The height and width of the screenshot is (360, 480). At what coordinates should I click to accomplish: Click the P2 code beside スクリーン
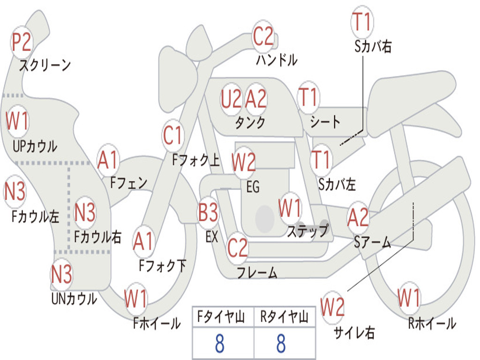[22, 42]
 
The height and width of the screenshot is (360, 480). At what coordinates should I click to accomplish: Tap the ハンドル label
[277, 60]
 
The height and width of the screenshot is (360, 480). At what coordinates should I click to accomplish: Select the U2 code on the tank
[232, 99]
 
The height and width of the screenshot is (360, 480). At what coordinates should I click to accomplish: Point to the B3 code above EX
[208, 212]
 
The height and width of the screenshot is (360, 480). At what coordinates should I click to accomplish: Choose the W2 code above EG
[244, 162]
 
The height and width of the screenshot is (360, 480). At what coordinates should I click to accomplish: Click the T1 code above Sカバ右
[362, 22]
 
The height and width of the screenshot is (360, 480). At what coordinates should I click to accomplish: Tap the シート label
[325, 122]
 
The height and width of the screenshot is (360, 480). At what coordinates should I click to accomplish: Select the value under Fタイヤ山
[220, 343]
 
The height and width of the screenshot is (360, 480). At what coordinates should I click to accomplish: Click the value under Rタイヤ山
[281, 343]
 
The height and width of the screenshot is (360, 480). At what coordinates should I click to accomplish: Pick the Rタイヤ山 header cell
[285, 317]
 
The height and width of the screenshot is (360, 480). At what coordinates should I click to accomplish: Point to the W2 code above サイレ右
[332, 307]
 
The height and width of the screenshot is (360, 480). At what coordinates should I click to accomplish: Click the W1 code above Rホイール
[409, 298]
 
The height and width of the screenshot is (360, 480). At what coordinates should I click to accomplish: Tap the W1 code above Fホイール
[136, 299]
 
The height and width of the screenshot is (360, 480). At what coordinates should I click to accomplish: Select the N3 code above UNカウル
[61, 274]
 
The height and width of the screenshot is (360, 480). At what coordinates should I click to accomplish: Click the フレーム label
[257, 272]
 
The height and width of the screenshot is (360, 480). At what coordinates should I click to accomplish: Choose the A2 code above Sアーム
[358, 217]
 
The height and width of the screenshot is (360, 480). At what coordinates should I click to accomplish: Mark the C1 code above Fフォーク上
[173, 135]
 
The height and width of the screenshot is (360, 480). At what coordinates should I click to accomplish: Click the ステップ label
[307, 231]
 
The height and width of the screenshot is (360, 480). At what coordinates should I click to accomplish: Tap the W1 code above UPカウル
[17, 121]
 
